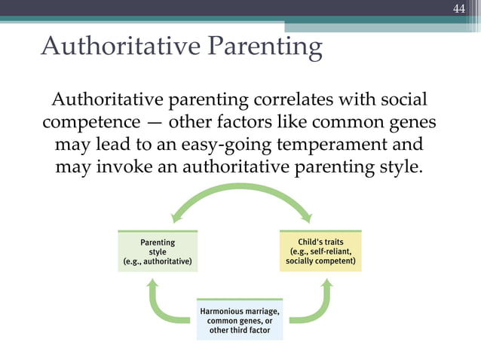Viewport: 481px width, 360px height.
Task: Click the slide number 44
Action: [x=459, y=9]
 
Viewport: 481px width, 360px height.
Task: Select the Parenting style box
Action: [x=158, y=252]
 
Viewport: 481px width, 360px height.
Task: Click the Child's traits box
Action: [x=320, y=252]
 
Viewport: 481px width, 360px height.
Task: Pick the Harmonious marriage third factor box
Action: [x=240, y=320]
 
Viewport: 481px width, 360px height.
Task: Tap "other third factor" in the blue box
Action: [x=240, y=331]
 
